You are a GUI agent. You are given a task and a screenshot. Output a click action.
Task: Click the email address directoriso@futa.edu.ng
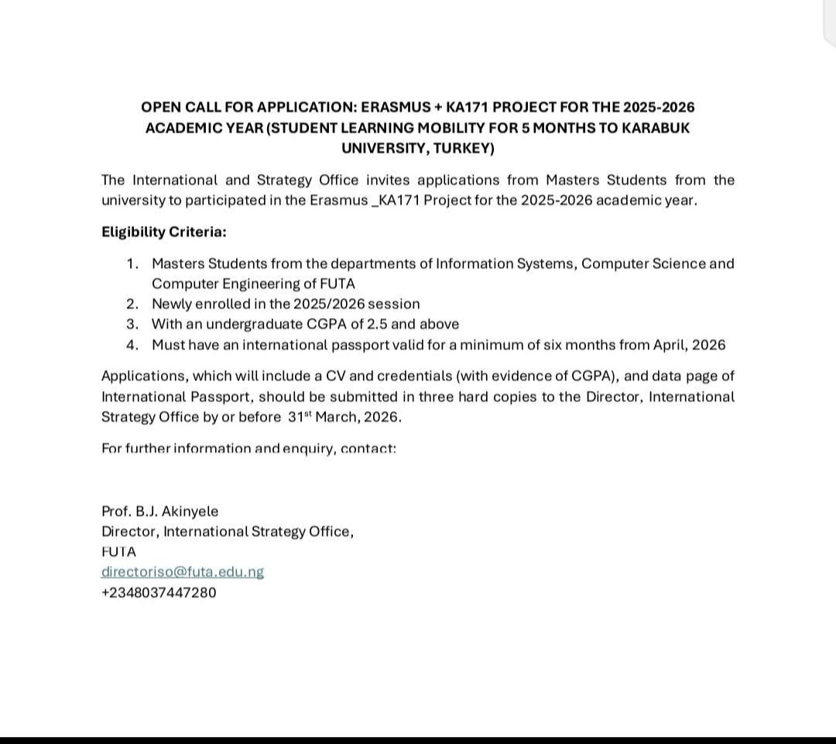183,572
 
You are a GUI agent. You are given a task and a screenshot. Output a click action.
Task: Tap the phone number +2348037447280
159,592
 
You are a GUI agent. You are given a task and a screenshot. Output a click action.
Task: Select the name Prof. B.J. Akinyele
159,511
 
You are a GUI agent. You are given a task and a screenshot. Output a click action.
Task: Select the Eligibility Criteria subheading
163,231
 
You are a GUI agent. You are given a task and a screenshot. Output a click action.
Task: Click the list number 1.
133,264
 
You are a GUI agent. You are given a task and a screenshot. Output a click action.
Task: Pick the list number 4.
133,345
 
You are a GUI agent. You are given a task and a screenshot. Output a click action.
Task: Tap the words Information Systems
505,264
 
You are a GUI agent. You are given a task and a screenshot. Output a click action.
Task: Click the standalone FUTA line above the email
118,552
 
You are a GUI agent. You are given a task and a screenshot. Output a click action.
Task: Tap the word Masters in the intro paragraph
573,180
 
